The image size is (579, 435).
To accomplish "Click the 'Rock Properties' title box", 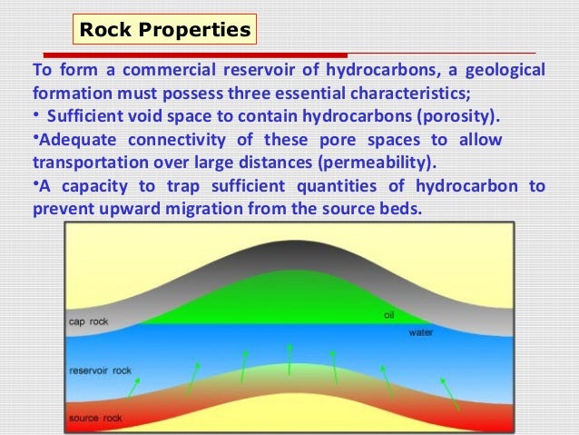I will coord(165,30).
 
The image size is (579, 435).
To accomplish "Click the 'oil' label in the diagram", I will coord(388,315).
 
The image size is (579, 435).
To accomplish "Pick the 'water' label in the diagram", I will coord(419,332).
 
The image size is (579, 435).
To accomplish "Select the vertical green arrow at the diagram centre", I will coord(289,359).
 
